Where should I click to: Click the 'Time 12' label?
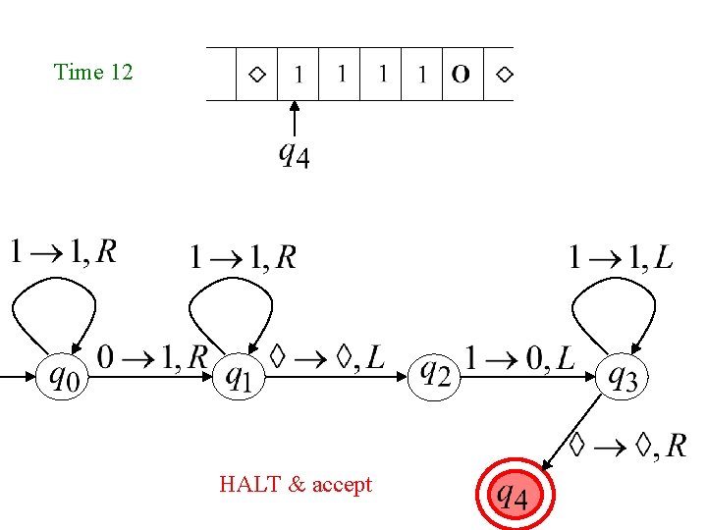(93, 72)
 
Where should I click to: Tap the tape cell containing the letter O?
(461, 74)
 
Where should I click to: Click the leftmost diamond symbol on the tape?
(256, 74)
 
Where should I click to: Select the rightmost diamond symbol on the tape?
(504, 74)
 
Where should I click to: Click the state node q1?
(240, 376)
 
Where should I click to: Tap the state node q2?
(435, 374)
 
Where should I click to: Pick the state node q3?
(624, 376)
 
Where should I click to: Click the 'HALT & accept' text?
(296, 484)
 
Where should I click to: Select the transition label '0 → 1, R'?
(151, 357)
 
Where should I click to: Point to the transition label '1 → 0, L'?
(521, 358)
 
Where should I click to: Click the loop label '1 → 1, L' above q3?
(621, 258)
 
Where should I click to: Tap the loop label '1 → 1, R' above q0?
(63, 252)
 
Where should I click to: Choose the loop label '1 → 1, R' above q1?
(242, 257)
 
